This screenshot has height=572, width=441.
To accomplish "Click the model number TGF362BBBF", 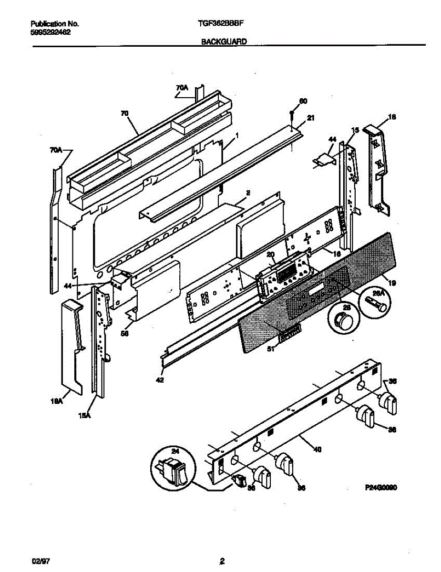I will [x=224, y=23].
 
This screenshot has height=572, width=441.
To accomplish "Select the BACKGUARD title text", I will [x=224, y=42].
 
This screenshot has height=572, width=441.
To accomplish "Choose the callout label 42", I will [x=159, y=380].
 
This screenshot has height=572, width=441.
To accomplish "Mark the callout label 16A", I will [x=57, y=402].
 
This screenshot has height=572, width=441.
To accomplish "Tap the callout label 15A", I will [x=84, y=415].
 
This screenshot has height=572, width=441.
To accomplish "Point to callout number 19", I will [x=392, y=283].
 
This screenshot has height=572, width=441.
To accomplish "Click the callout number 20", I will [x=271, y=255].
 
